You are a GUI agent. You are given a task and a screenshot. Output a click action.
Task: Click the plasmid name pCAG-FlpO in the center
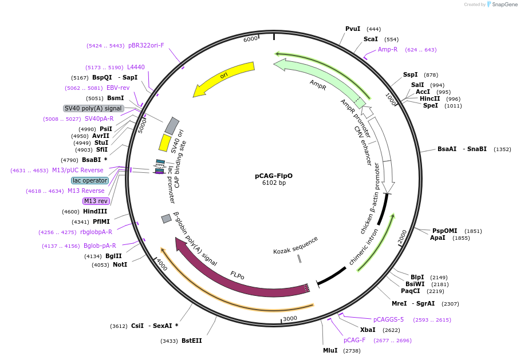[x=274, y=176]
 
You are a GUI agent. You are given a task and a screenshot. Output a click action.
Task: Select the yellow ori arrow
[x=224, y=76]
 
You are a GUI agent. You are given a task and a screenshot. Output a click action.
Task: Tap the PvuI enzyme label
[x=353, y=29]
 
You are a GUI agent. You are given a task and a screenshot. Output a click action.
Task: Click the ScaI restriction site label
[x=371, y=39]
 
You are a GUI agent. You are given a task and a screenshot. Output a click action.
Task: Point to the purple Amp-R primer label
[x=388, y=49]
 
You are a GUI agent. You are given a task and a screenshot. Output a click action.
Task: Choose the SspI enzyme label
[x=411, y=74]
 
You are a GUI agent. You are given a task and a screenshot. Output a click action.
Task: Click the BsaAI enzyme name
[x=447, y=149]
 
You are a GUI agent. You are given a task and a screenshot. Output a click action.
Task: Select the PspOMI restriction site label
[x=445, y=231]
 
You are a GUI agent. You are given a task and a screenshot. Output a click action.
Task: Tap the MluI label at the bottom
[x=330, y=350]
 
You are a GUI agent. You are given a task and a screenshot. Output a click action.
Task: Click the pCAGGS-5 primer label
[x=388, y=319]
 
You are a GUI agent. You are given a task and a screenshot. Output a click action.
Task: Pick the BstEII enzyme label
[x=192, y=341]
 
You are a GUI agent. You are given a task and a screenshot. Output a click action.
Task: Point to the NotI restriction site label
[x=120, y=264]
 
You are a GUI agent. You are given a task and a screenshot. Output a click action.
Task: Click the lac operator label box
[x=90, y=180]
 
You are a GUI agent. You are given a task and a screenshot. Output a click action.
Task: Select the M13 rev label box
[x=96, y=201]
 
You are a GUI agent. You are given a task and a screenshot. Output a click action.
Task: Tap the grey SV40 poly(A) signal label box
[x=93, y=108]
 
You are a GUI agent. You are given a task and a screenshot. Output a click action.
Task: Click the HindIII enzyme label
[x=95, y=211]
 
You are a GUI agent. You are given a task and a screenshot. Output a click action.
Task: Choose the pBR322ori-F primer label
[x=146, y=45]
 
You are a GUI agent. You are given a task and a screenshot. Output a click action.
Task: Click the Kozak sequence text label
[x=296, y=245]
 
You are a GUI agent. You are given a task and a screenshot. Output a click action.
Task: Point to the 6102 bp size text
[x=274, y=183]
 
